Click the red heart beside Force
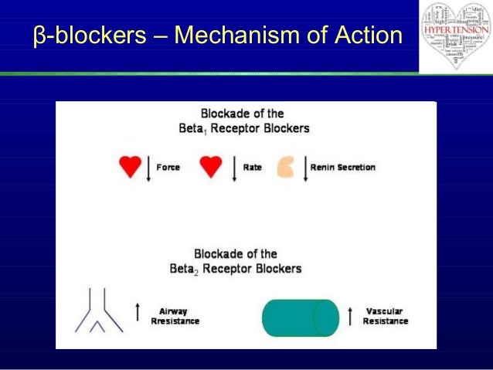pos(129,167)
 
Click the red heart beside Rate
pos(210,167)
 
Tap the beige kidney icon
pos(286,167)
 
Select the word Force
pos(168,167)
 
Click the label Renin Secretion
pos(342,167)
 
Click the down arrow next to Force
pos(148,168)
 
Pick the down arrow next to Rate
pos(233,168)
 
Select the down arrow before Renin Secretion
pos(305,168)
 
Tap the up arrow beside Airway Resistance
pos(138,312)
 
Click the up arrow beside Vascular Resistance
pos(350,315)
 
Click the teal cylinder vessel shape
pos(299,317)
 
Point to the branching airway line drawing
pos(97,310)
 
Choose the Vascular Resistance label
pos(383,315)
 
